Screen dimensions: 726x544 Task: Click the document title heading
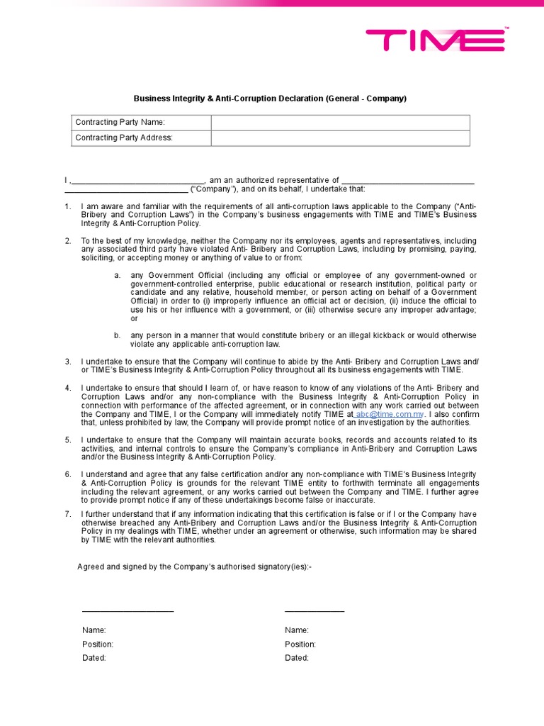point(271,99)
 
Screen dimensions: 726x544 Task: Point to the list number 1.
point(68,206)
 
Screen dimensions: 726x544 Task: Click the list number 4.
point(68,388)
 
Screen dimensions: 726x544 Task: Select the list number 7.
point(68,513)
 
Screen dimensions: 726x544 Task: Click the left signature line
point(127,610)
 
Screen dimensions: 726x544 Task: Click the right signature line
point(314,610)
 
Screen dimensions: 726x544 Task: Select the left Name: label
point(94,630)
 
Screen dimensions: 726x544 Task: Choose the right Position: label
point(300,644)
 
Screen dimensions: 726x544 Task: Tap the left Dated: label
point(94,658)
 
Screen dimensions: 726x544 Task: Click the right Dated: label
point(297,658)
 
